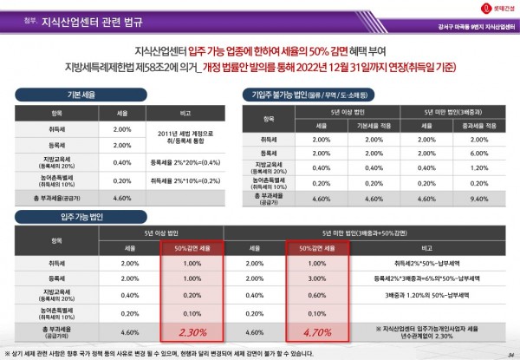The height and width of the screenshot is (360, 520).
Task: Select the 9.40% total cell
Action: (481, 199)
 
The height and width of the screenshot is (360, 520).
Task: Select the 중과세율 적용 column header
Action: (481, 126)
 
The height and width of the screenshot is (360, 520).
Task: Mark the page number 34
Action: (510, 353)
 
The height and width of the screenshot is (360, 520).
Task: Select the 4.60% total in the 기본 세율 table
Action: (122, 199)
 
